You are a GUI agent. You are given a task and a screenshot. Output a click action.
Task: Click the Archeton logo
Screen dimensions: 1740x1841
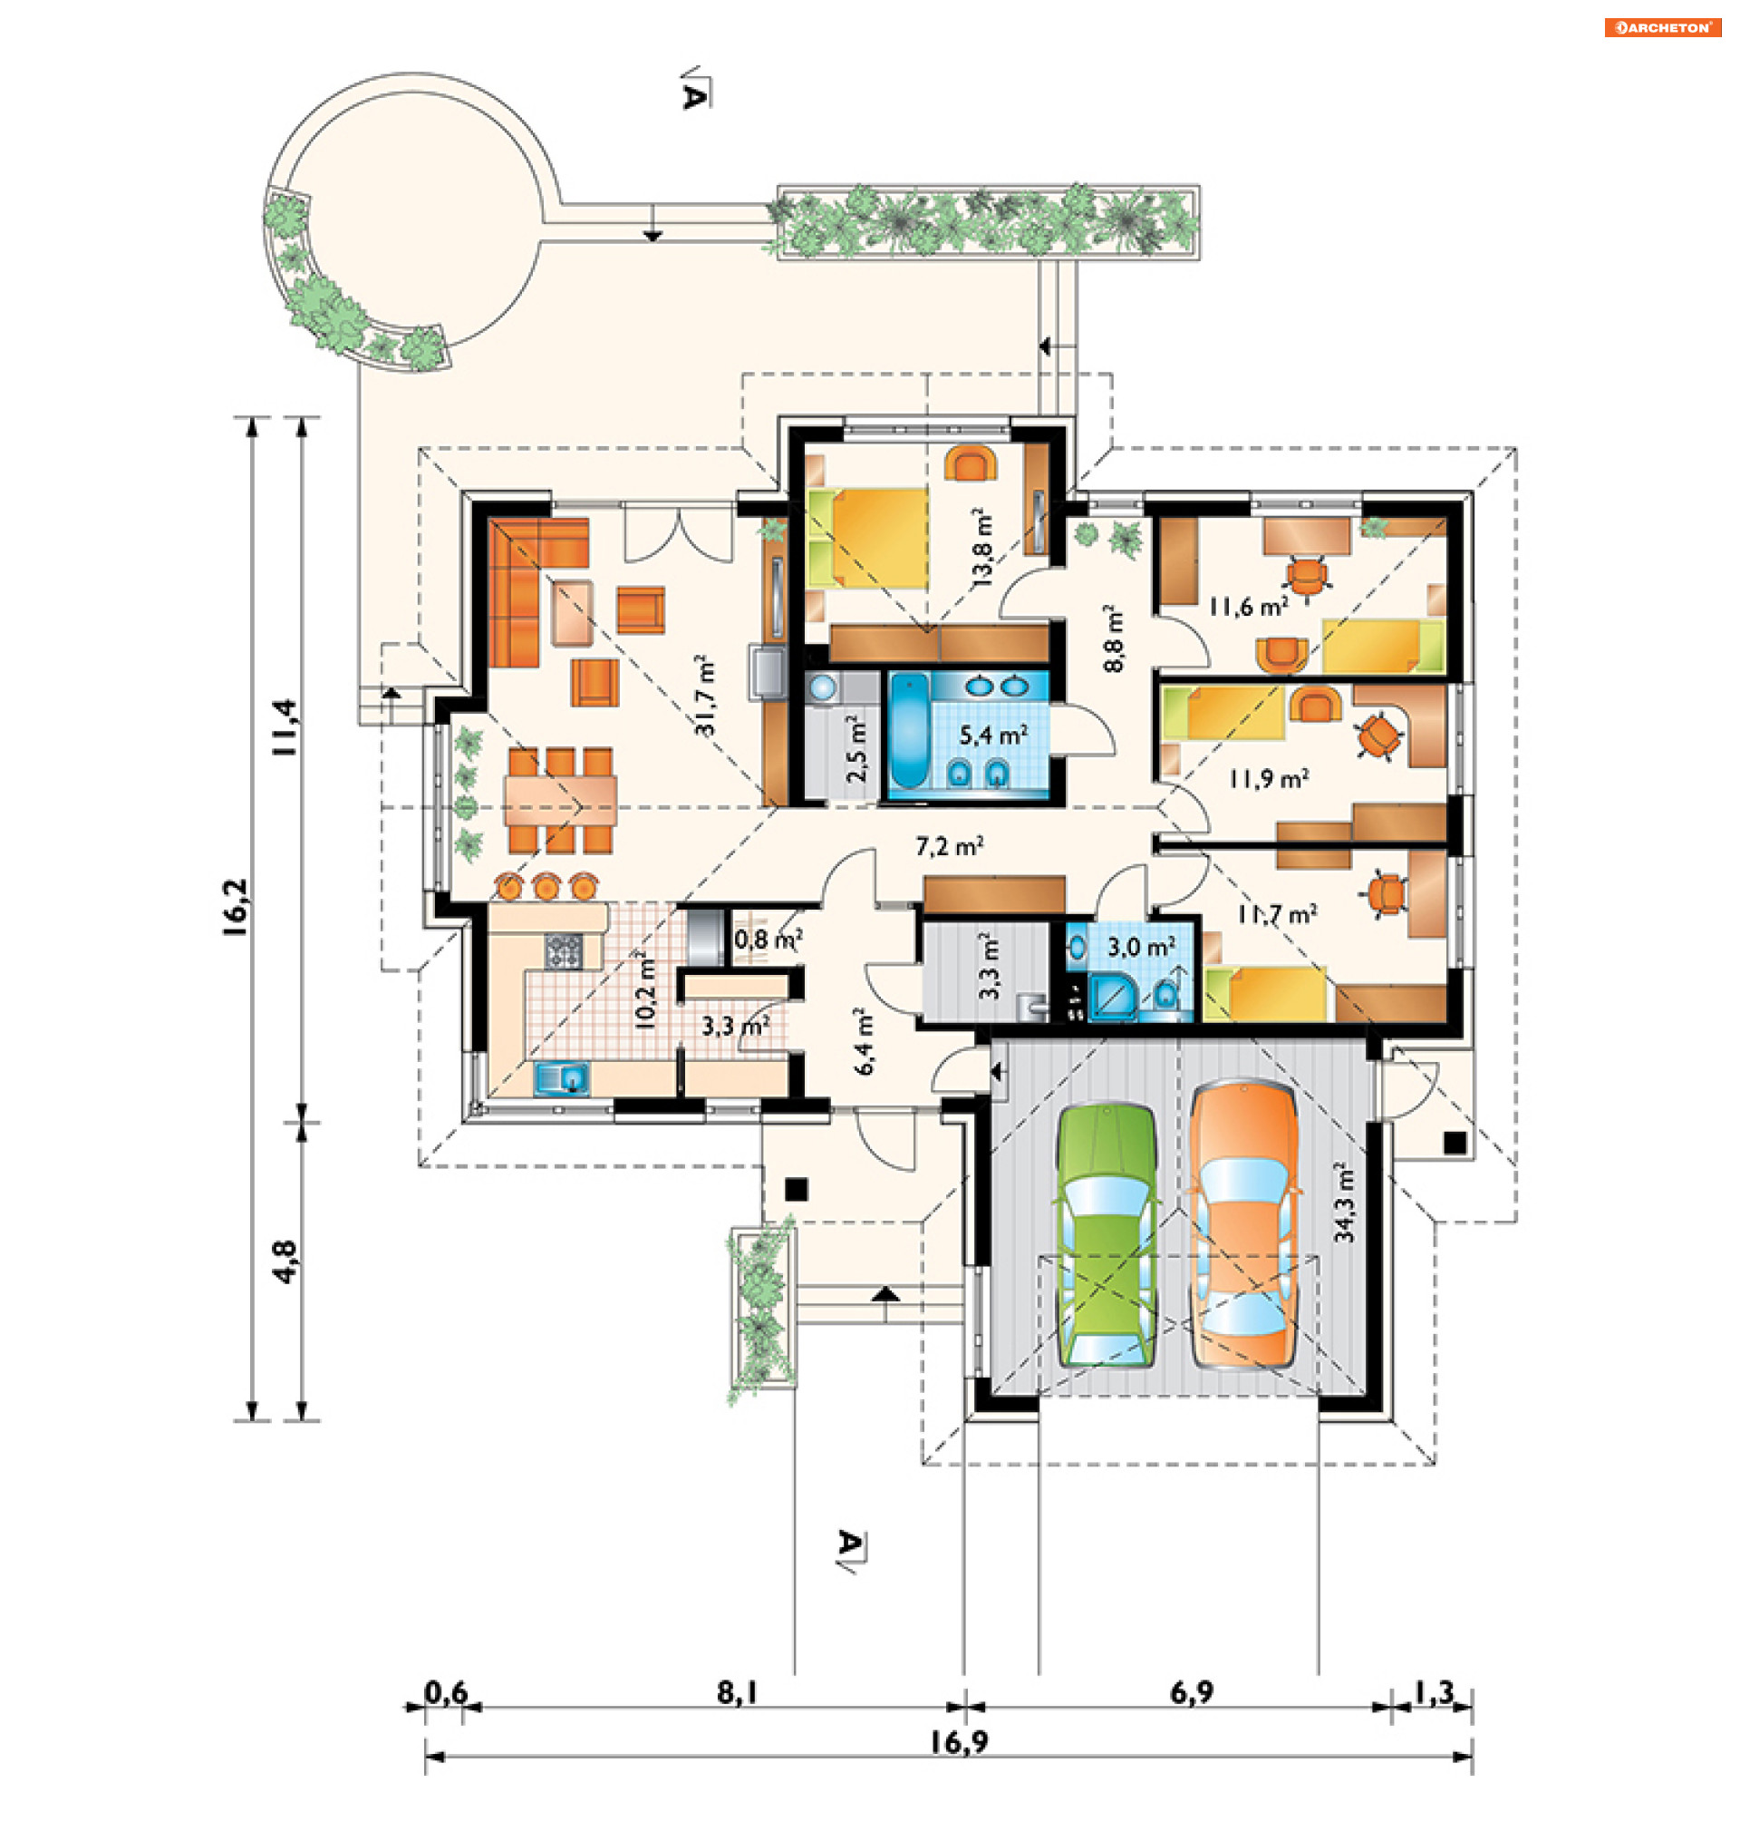tap(1663, 28)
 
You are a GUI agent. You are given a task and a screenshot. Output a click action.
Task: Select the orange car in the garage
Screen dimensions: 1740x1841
tap(1244, 1225)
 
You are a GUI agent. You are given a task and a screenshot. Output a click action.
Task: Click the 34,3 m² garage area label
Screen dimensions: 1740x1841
tap(1344, 1203)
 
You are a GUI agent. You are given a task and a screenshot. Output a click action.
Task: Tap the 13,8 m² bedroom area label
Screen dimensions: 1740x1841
tap(981, 548)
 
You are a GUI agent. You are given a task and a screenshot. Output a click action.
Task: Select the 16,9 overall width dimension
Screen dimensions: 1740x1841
tap(959, 1742)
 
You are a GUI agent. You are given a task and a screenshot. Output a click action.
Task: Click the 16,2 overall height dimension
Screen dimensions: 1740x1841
tap(236, 908)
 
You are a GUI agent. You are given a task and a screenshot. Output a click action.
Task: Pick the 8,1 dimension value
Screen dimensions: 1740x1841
tap(738, 1693)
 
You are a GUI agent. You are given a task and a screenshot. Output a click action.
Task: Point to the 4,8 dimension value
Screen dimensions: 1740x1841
tap(285, 1261)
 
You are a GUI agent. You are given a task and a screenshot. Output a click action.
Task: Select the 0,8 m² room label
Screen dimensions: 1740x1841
tap(768, 939)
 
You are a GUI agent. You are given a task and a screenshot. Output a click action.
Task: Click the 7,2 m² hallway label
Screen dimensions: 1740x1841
tap(950, 845)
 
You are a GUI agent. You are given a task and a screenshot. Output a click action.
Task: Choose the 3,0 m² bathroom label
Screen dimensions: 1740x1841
tap(1142, 948)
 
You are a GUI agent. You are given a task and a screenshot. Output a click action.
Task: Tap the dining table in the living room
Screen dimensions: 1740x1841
tap(560, 800)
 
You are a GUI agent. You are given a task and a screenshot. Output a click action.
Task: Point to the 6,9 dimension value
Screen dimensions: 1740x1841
tap(1191, 1693)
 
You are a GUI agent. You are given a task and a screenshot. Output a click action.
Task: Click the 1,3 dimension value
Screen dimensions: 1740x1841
tap(1434, 1693)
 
